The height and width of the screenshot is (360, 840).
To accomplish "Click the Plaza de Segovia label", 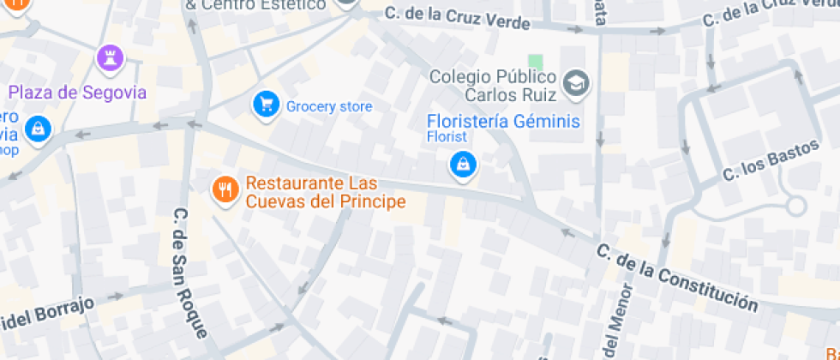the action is (78, 93).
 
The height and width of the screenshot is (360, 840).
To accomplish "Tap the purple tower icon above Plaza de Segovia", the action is (110, 58).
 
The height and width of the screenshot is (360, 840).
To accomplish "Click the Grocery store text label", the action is (329, 106).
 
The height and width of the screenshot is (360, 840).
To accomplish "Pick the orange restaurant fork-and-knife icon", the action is (225, 189).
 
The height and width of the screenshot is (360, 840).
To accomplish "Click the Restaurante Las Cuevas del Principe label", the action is (325, 193).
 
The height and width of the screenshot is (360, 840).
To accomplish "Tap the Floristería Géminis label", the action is (503, 122).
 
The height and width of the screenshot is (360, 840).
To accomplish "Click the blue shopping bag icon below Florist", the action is (463, 164).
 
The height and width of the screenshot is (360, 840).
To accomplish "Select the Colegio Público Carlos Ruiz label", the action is (493, 85).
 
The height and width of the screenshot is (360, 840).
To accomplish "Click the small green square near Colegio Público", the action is (536, 62).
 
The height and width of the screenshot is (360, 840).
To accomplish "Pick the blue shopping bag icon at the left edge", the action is (39, 129).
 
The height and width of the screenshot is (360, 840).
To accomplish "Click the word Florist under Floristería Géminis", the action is (447, 137).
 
